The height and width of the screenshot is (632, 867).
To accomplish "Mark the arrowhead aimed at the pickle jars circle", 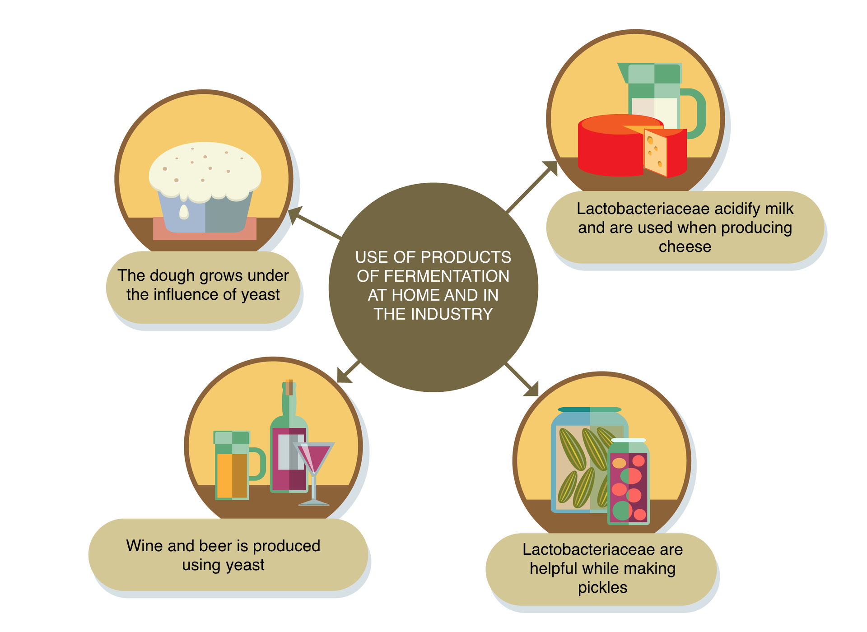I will tap(532, 389).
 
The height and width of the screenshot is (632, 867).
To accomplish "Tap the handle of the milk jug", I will tap(695, 113).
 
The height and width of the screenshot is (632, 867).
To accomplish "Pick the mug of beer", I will tap(233, 465).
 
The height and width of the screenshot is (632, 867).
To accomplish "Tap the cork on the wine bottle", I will tap(289, 387).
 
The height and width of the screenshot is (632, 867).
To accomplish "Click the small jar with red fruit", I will tap(629, 483).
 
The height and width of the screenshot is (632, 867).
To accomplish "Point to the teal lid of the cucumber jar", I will tap(589, 410).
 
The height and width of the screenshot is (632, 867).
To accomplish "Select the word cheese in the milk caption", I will tap(685, 247).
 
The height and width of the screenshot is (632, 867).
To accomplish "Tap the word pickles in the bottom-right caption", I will tap(602, 588).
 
